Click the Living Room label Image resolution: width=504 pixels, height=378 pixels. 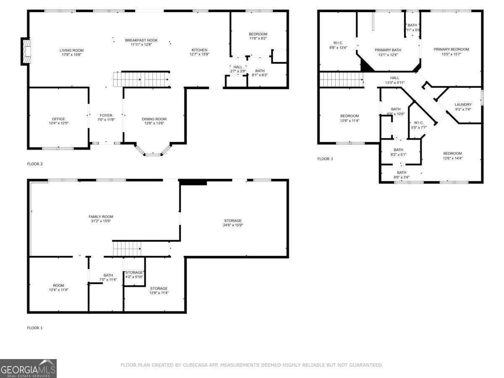pyautogui.click(x=71, y=50)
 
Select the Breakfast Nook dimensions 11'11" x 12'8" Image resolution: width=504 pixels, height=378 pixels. pyautogui.click(x=141, y=45)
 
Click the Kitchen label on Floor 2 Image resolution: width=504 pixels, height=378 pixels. pyautogui.click(x=199, y=50)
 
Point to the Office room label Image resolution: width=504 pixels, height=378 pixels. pyautogui.click(x=59, y=119)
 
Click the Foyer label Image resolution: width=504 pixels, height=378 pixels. pyautogui.click(x=106, y=115)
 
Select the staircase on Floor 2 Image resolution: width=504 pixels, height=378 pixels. pyautogui.click(x=141, y=79)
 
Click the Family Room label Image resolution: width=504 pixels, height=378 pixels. pyautogui.click(x=101, y=217)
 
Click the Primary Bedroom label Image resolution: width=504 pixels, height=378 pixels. pyautogui.click(x=451, y=49)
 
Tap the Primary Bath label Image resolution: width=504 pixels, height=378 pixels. pyautogui.click(x=388, y=50)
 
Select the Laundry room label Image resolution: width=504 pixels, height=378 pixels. pyautogui.click(x=463, y=105)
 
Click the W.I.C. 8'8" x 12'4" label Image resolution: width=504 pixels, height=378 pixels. pyautogui.click(x=338, y=42)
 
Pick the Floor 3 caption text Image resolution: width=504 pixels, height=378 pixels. pyautogui.click(x=325, y=159)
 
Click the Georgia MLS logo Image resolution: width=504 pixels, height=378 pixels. pyautogui.click(x=28, y=368)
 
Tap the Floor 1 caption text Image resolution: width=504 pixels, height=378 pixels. pyautogui.click(x=35, y=328)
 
